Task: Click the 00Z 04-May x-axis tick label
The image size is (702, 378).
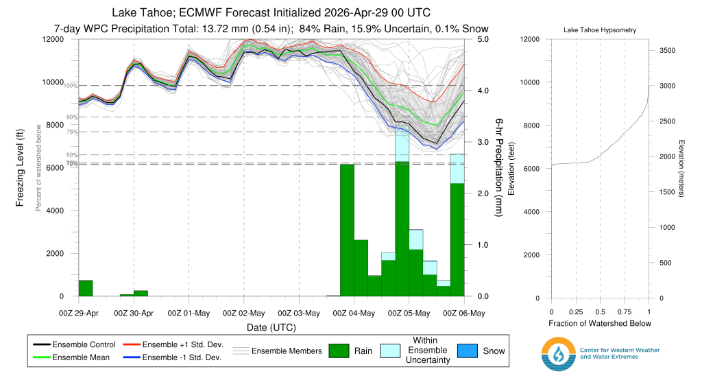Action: (354, 314)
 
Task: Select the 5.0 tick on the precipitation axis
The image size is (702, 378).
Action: (483, 39)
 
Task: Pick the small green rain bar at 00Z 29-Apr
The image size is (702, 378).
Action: (86, 288)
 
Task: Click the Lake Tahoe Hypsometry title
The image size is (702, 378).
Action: (600, 31)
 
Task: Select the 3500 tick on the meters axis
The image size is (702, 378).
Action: (667, 50)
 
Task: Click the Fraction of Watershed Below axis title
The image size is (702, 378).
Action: (600, 323)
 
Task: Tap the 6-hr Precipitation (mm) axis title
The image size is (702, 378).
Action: (498, 168)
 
